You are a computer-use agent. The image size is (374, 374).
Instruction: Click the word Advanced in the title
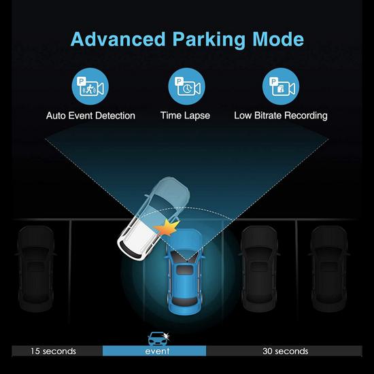118,39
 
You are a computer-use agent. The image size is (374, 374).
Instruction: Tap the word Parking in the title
209,40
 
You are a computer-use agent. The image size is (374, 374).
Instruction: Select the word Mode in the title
278,39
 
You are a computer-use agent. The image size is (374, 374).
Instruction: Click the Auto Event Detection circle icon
90,86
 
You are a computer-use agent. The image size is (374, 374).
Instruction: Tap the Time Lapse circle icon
186,86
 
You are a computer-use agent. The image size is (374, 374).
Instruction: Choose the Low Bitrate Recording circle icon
281,86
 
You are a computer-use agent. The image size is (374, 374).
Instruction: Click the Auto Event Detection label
90,116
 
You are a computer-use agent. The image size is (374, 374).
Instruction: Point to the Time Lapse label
185,116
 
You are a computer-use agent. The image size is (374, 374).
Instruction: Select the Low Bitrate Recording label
281,116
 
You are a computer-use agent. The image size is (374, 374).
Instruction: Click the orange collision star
167,228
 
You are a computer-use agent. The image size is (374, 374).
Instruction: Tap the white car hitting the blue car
154,218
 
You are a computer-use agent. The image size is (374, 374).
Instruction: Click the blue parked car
185,272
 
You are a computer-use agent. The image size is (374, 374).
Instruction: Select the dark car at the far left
36,269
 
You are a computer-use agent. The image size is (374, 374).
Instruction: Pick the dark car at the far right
329,269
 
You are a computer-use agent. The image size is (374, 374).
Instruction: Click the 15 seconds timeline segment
57,351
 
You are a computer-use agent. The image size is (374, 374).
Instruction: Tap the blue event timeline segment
154,351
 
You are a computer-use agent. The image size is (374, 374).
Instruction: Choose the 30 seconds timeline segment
284,351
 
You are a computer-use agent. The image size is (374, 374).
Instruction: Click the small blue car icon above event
158,339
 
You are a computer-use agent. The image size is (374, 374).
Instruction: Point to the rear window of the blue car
185,301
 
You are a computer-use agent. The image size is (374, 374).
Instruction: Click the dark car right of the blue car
259,269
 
